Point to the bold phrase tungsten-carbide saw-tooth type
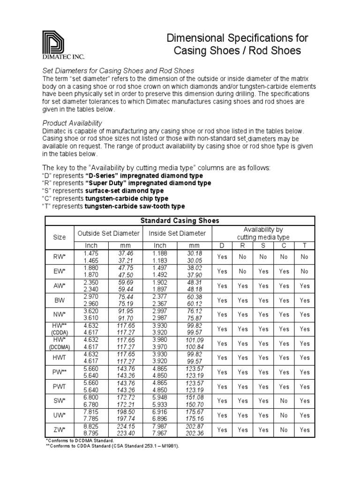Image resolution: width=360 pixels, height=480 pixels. tap(135, 206)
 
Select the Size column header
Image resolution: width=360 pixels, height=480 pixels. tap(59, 237)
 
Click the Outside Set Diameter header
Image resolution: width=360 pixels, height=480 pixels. tap(108, 233)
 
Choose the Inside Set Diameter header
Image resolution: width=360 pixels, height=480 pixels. tap(177, 233)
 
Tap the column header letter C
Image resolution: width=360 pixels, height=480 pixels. tap(284, 246)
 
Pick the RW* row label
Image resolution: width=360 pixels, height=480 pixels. tap(60, 257)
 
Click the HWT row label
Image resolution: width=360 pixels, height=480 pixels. tap(60, 358)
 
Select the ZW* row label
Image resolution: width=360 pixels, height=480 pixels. tap(60, 429)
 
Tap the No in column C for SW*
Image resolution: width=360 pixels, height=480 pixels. tap(284, 401)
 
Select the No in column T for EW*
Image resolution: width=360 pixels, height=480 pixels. tap(305, 271)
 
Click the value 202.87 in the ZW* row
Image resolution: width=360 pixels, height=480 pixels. tap(194, 426)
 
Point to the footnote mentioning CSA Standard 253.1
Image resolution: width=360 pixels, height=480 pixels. tap(112, 446)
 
